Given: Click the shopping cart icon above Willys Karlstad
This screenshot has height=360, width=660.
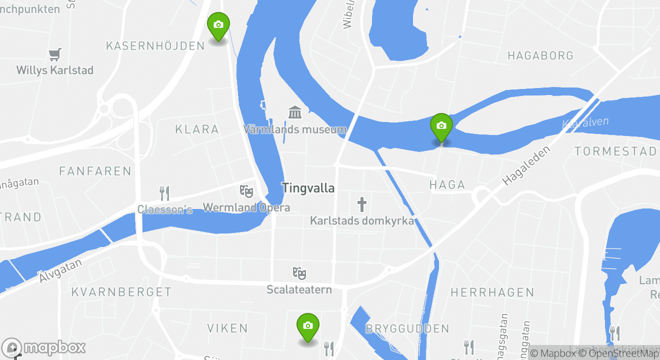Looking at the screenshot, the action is click(55, 54).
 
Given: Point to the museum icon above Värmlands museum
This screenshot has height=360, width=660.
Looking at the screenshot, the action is click(295, 112).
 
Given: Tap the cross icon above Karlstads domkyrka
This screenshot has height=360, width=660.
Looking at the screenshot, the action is click(362, 204).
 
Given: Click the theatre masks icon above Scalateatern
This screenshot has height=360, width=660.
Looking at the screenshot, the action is click(299, 273).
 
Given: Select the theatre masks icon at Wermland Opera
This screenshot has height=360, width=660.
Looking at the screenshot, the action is click(246, 190).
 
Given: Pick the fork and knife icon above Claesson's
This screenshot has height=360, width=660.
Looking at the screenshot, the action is click(164, 192).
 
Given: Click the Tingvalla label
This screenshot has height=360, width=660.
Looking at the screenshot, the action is click(308, 188).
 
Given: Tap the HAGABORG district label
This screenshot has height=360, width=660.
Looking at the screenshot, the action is click(540, 55).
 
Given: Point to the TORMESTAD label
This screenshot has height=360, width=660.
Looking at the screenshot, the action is click(615, 151).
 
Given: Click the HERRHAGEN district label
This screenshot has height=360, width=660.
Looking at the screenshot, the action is click(492, 292).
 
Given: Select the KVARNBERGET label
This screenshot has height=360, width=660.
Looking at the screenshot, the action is click(121, 292).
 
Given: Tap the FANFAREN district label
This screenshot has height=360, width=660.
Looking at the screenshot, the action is click(95, 171).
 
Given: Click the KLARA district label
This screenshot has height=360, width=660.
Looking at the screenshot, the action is click(197, 129).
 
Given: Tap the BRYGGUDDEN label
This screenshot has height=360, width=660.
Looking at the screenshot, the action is click(407, 328).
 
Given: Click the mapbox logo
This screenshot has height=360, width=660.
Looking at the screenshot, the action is click(44, 347).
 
